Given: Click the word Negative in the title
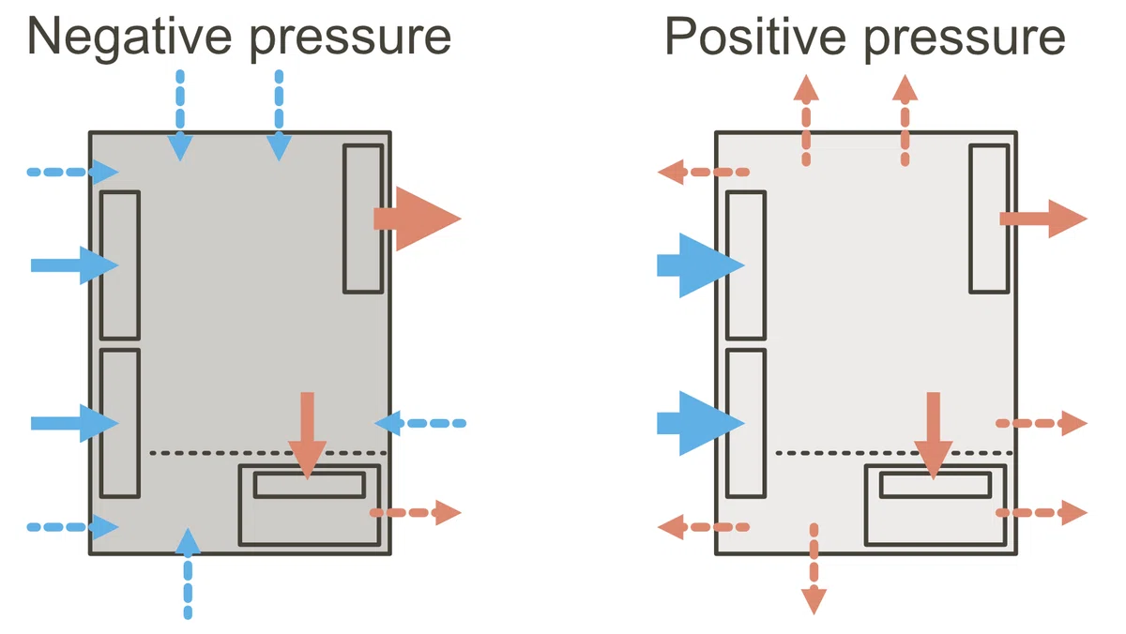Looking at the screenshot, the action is [x=129, y=37].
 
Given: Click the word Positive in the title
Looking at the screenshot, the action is [x=755, y=36].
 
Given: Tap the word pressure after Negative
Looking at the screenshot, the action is [x=350, y=40].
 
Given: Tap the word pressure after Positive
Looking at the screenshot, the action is [x=965, y=40].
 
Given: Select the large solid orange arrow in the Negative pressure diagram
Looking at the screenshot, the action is [x=418, y=219].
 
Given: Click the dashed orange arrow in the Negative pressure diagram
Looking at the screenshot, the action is [x=415, y=512].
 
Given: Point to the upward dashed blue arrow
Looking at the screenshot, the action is [x=188, y=573].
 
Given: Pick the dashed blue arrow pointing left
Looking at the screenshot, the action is [x=420, y=424].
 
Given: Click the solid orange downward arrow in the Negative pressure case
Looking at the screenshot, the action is [x=307, y=435].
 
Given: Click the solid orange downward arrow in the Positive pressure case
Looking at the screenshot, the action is [x=933, y=435].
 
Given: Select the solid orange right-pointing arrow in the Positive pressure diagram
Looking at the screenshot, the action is [x=1043, y=219].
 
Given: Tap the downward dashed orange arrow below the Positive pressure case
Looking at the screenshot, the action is [x=814, y=568].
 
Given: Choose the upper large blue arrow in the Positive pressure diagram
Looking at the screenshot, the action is [x=701, y=265].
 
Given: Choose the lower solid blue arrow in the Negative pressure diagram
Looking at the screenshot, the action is [x=74, y=424].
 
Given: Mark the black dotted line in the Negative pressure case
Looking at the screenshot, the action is [x=268, y=453].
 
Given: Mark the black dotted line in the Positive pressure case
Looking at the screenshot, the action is [x=893, y=453].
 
